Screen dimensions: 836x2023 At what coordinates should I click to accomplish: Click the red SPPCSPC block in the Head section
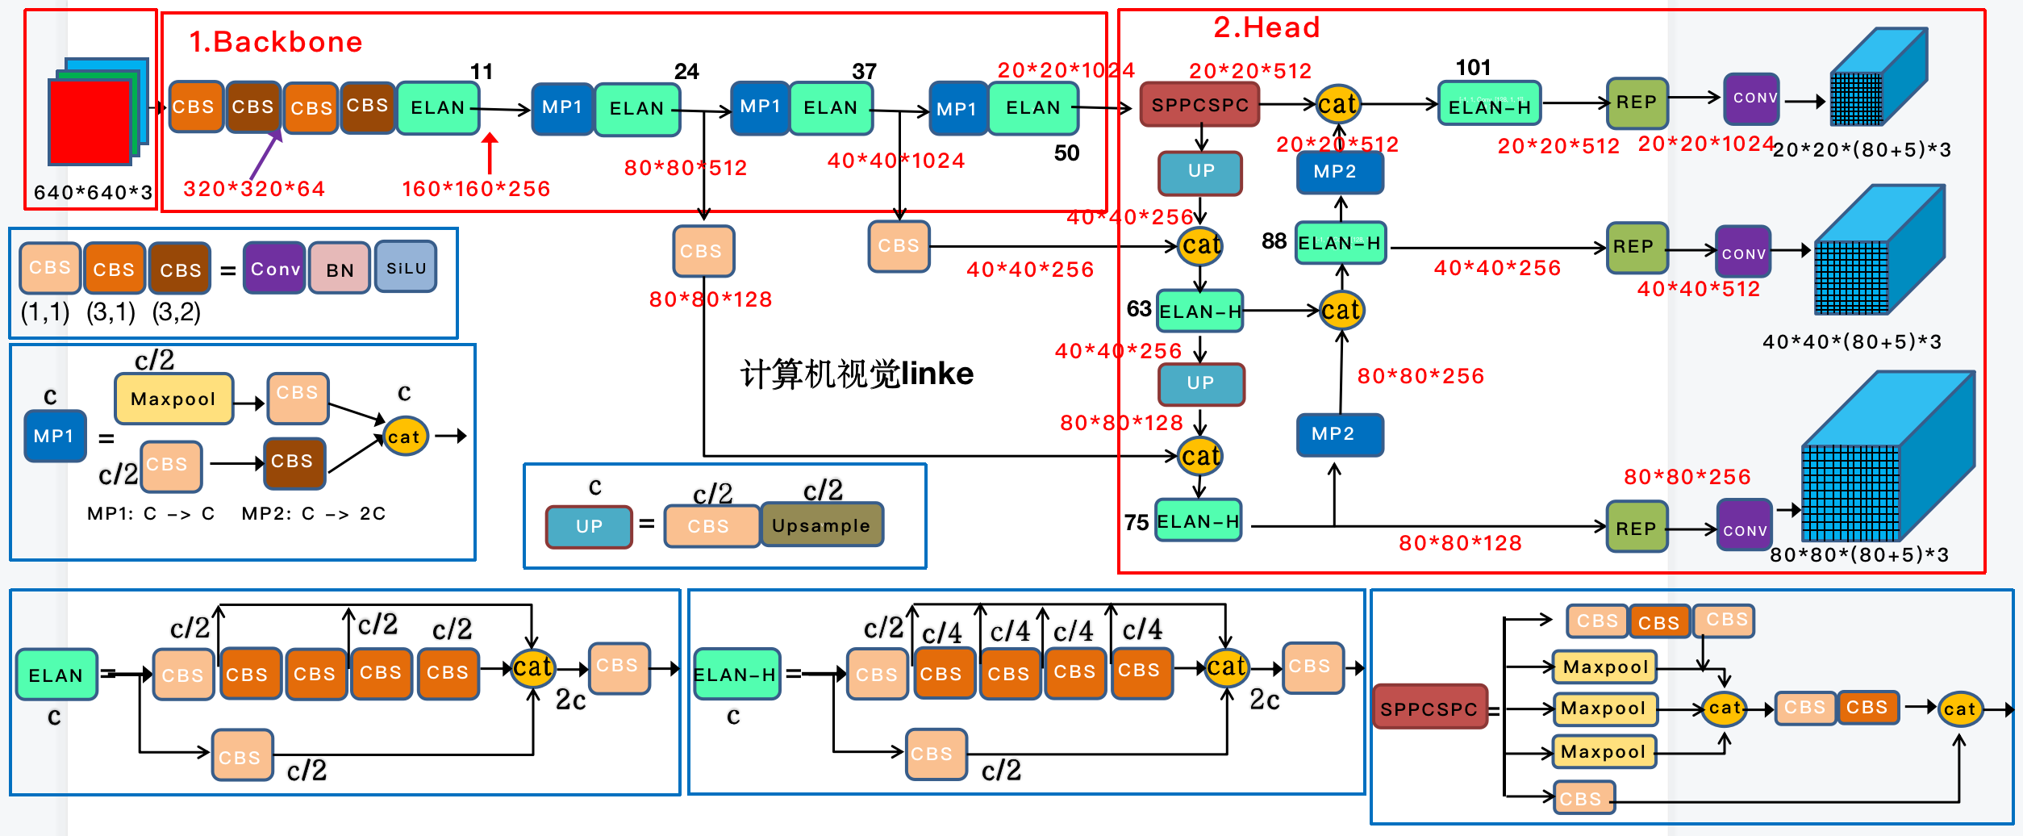click(x=1199, y=105)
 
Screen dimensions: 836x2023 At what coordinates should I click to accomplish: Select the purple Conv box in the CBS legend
click(x=274, y=268)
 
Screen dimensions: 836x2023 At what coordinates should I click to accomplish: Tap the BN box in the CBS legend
click(x=340, y=269)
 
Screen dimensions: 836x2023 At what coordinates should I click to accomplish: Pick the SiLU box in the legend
click(x=406, y=267)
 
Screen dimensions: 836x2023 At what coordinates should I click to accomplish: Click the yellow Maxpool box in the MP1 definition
click(x=173, y=399)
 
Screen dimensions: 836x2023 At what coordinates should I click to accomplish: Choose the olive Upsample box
click(x=821, y=525)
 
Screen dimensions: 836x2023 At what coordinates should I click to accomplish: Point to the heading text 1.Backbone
click(x=276, y=42)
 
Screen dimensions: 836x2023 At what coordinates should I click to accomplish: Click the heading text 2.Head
click(x=1266, y=27)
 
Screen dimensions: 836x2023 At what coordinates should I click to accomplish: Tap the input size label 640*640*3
click(x=93, y=192)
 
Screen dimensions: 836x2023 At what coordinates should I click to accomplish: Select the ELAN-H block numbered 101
click(x=1489, y=105)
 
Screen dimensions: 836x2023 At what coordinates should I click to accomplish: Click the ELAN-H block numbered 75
click(x=1198, y=520)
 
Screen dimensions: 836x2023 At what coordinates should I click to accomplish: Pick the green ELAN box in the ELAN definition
click(x=56, y=675)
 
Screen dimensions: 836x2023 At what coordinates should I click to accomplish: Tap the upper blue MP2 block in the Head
click(x=1339, y=172)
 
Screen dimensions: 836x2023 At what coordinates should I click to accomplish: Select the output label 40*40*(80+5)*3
click(x=1852, y=341)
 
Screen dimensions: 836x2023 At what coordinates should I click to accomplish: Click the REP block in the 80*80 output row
click(x=1636, y=528)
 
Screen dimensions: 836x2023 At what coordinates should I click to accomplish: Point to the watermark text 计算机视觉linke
click(x=857, y=374)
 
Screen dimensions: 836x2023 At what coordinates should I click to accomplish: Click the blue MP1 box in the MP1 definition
click(x=54, y=436)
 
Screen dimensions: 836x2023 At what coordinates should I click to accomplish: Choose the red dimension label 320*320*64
click(x=254, y=189)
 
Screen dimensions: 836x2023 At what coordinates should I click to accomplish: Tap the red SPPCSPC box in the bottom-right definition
click(x=1429, y=708)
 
